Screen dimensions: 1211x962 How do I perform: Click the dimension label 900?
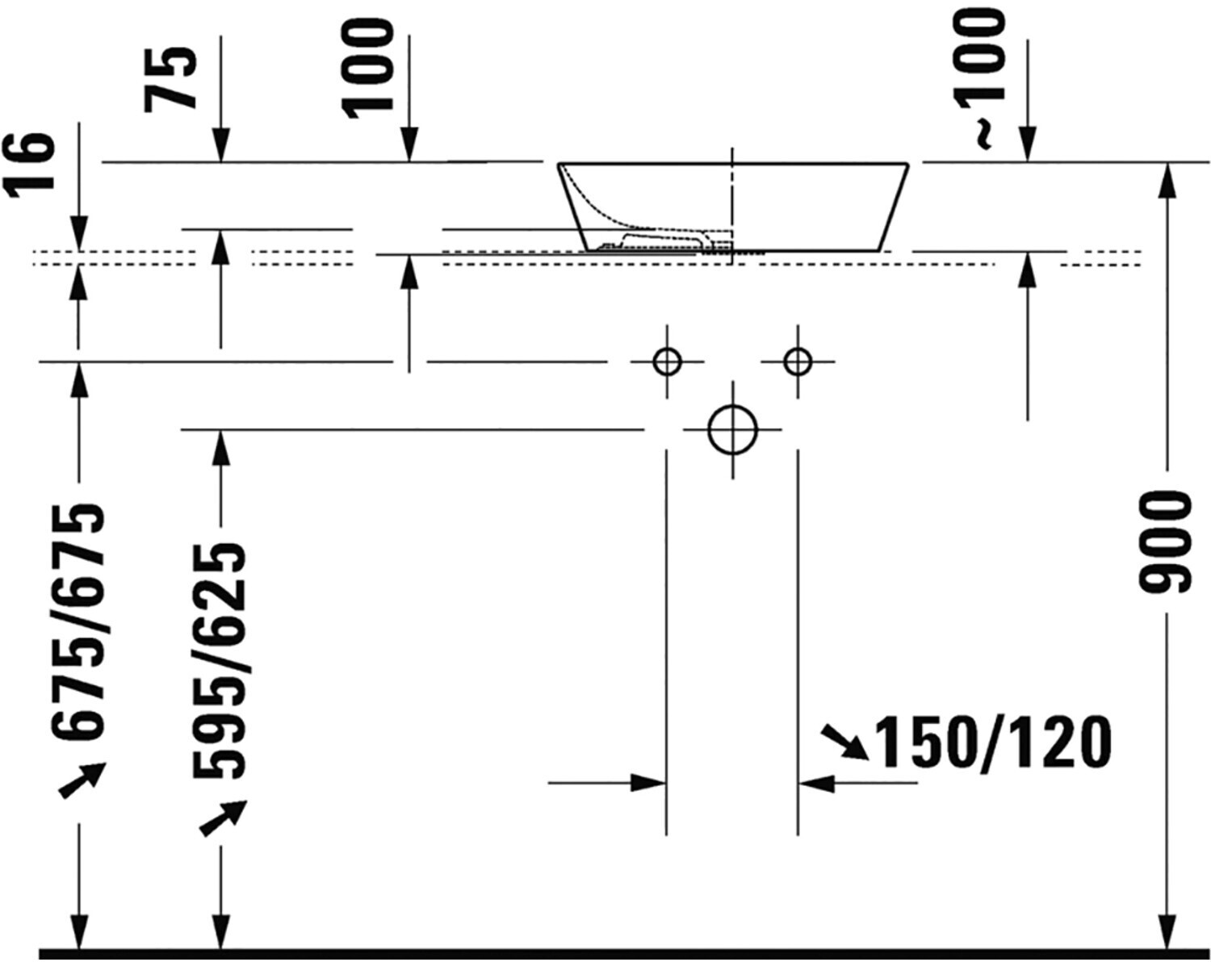(1165, 542)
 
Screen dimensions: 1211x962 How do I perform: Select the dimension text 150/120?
(994, 742)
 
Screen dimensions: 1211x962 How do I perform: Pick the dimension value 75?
(171, 77)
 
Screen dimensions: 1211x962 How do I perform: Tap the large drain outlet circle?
(732, 429)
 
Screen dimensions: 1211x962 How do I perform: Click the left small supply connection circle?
(667, 362)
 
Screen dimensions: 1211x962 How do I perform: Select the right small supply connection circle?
(798, 362)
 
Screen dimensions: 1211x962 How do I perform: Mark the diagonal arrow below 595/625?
(223, 817)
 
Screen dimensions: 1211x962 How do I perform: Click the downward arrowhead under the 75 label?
(220, 147)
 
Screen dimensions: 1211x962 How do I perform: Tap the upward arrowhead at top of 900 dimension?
(1166, 179)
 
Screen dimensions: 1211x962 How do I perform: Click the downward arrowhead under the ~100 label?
(1028, 147)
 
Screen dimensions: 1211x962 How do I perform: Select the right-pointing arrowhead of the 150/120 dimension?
(648, 782)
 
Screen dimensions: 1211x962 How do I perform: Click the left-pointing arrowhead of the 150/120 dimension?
(815, 782)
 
